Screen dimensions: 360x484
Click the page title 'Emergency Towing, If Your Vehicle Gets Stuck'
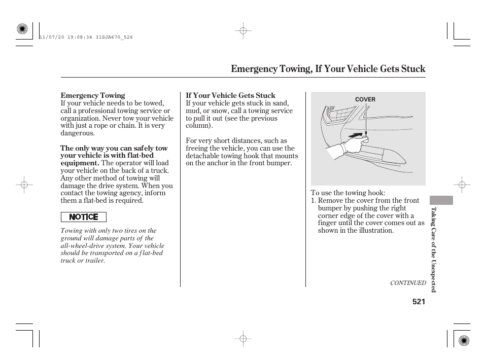[328, 69]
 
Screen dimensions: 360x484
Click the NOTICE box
[84, 217]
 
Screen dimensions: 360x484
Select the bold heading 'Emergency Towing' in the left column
[93, 95]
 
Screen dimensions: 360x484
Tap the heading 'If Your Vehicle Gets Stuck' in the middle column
[230, 95]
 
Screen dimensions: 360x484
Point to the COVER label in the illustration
[365, 99]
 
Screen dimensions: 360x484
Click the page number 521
[419, 301]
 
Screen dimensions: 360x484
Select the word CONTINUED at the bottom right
[407, 283]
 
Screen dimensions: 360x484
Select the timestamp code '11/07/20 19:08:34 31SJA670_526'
[86, 38]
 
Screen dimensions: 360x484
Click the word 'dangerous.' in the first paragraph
[78, 133]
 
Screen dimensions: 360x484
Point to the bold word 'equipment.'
[80, 163]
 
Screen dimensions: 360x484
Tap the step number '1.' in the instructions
[314, 200]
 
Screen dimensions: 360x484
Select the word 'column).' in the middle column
[199, 126]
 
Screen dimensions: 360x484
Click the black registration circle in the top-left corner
[22, 29]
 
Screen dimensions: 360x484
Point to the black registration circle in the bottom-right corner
[463, 340]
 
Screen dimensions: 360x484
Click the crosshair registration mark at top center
[243, 31]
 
